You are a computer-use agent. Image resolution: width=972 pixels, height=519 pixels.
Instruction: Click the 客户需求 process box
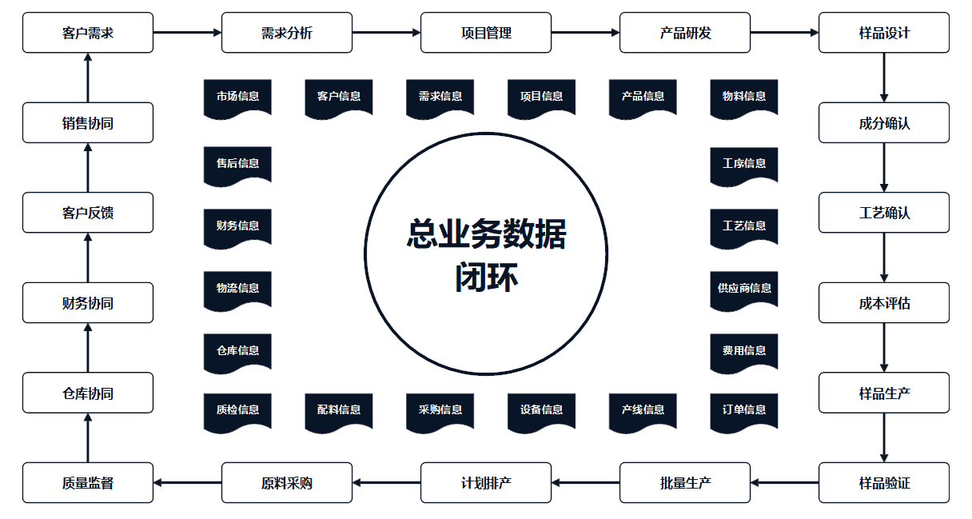pos(88,33)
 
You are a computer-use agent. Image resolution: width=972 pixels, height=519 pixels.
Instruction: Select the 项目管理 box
pos(486,33)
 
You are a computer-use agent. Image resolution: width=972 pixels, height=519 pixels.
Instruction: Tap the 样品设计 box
pos(884,33)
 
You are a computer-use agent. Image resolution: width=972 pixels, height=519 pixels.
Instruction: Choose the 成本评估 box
pos(884,303)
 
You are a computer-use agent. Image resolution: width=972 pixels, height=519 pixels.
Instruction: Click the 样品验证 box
pos(884,483)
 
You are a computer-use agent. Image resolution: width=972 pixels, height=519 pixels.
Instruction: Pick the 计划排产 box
pos(486,483)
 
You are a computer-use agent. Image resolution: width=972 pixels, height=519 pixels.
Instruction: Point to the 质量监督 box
pos(88,483)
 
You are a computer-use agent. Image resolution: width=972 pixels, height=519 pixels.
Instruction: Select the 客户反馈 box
pos(88,213)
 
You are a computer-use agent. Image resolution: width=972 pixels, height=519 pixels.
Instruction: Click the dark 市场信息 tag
pos(237,97)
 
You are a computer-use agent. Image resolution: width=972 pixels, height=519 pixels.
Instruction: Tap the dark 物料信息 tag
pos(744,97)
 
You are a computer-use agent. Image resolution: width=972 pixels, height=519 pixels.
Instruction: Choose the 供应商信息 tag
pos(744,289)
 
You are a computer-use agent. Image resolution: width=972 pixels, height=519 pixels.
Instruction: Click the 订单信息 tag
pos(744,410)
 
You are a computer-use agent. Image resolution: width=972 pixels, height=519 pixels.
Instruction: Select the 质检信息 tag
pos(237,410)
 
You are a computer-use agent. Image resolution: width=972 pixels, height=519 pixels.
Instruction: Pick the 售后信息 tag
pos(237,164)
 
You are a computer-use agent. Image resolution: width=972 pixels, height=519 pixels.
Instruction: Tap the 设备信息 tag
pos(541,410)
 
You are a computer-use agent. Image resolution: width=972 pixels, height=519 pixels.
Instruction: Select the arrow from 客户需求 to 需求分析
pos(187,33)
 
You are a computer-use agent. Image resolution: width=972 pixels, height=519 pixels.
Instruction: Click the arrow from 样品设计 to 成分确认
pos(884,78)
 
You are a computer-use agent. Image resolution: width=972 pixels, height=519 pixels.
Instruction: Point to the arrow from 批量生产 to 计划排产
pos(585,483)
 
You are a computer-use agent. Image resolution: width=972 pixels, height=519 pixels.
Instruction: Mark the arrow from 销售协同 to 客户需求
pos(88,78)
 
